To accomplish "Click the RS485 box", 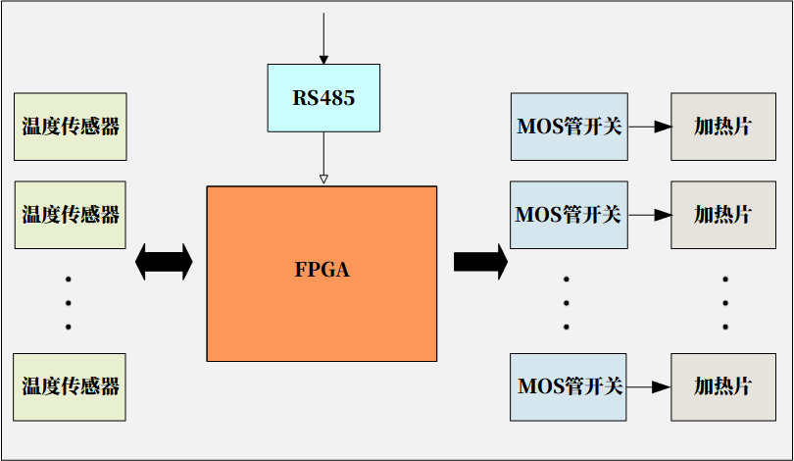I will (x=323, y=98).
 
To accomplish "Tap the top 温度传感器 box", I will (x=71, y=127).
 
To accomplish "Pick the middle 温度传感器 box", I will (x=71, y=215).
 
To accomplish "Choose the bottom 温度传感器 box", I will (x=71, y=386).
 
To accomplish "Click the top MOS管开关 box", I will (x=569, y=127).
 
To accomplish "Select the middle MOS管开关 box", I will (x=569, y=215).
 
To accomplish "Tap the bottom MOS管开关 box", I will (x=569, y=386).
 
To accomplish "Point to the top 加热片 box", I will (x=722, y=127).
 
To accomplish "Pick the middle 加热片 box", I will (x=722, y=215).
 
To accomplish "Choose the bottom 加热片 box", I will (x=722, y=386).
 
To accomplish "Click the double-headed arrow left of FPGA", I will (x=164, y=261).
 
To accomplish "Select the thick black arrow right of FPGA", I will (x=480, y=261).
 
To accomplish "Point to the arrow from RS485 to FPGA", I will (x=323, y=157).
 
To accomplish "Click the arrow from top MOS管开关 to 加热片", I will (x=649, y=127).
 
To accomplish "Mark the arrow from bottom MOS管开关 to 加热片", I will (x=649, y=386).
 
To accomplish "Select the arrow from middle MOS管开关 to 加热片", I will (x=649, y=215).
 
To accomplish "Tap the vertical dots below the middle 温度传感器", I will (x=69, y=302).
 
